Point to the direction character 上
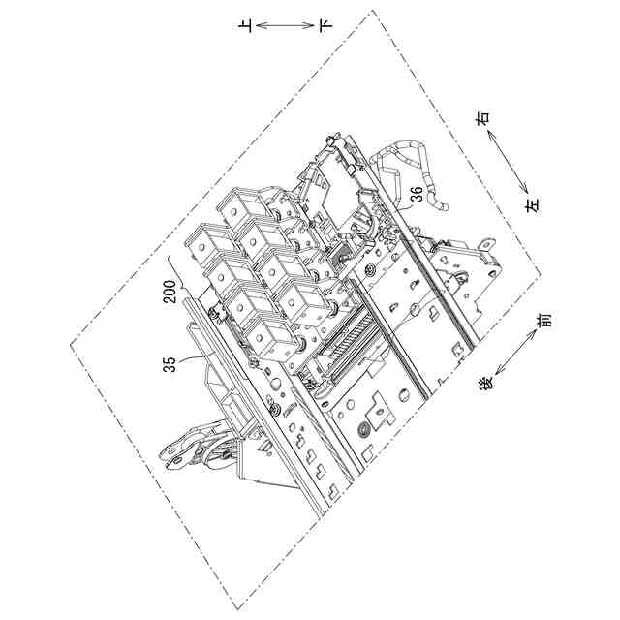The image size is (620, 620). (x=247, y=26)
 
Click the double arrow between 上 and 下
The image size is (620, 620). (x=286, y=26)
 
